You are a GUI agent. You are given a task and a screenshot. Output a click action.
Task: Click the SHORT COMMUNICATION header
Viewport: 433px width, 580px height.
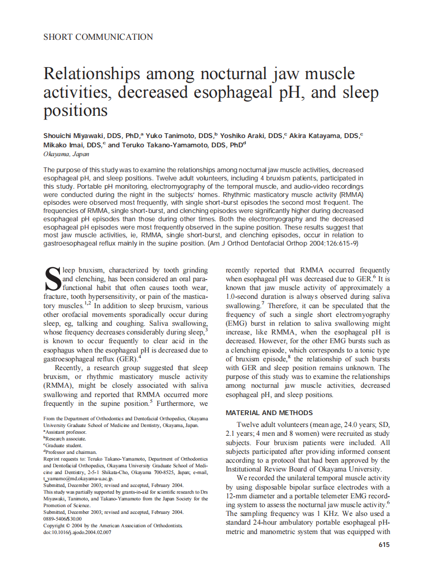(x=98, y=37)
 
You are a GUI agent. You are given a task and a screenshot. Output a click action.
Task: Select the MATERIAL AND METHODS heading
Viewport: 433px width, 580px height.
(x=269, y=413)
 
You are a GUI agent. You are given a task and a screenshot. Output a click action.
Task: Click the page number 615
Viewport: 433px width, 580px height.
(x=384, y=544)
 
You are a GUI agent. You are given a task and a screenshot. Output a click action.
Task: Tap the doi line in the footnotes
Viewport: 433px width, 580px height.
(x=77, y=532)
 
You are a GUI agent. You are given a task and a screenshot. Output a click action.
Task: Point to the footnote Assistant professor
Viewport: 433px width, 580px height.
(x=66, y=432)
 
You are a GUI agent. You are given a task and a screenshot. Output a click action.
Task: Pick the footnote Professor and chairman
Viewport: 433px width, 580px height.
(x=69, y=451)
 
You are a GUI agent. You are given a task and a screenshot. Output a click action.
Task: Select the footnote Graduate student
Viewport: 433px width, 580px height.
(x=64, y=445)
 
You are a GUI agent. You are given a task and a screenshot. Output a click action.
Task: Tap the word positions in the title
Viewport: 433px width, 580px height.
(x=75, y=110)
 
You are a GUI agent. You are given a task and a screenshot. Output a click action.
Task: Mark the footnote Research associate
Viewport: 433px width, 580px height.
(x=65, y=438)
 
